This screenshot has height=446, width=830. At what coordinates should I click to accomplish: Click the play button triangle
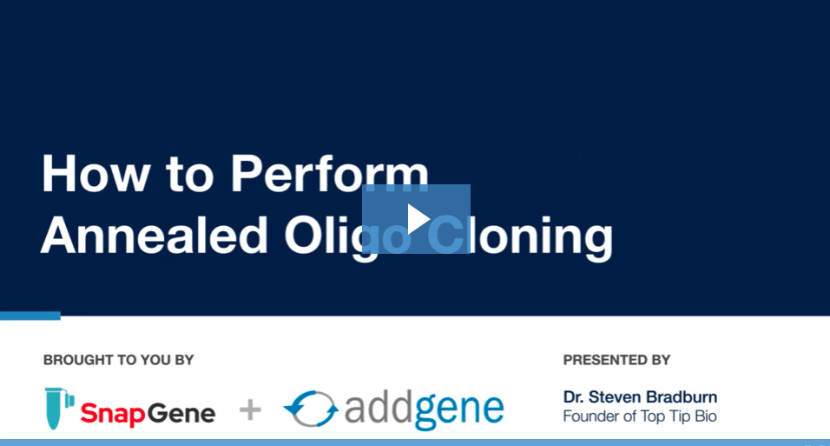click(x=418, y=219)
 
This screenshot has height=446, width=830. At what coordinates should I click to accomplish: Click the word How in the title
click(x=96, y=174)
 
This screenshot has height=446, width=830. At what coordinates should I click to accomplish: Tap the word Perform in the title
click(x=329, y=174)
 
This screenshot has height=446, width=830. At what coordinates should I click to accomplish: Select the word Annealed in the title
click(x=154, y=235)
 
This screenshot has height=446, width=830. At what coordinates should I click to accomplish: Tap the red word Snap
click(x=113, y=414)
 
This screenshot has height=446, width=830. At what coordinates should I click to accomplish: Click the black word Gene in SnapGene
click(x=181, y=413)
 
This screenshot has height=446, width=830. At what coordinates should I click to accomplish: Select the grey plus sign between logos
click(x=250, y=410)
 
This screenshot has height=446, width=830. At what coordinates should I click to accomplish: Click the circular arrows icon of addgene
click(x=311, y=409)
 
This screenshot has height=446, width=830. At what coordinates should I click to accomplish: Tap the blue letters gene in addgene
click(x=458, y=411)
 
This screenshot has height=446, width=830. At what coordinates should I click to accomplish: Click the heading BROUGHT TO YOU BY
click(x=119, y=360)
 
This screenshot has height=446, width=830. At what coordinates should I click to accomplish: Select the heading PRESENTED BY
click(x=616, y=360)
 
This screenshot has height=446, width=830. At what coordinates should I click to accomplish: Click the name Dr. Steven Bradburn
click(x=640, y=396)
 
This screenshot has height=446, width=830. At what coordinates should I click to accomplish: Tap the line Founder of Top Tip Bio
click(x=640, y=416)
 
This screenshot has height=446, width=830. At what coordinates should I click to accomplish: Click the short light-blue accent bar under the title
click(x=30, y=316)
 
